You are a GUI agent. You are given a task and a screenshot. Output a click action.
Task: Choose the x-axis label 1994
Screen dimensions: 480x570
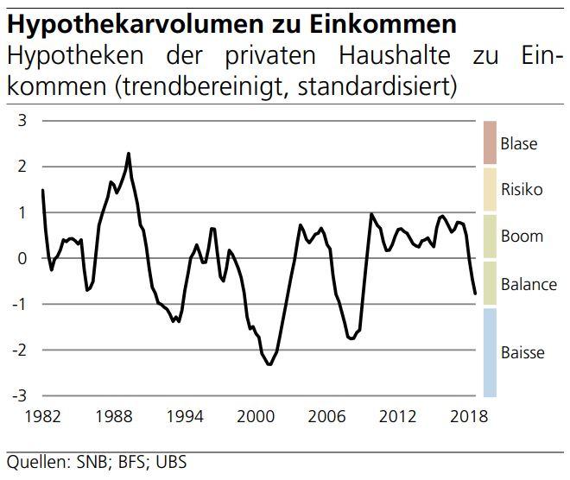[x=184, y=416]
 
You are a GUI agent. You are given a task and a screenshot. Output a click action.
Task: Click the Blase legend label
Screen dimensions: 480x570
[x=518, y=144]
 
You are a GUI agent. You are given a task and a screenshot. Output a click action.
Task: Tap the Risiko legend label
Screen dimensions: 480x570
[x=522, y=190]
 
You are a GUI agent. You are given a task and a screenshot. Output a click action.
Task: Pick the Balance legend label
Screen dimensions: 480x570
[x=529, y=284]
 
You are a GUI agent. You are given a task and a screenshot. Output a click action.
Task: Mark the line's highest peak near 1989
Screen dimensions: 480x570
[x=129, y=154]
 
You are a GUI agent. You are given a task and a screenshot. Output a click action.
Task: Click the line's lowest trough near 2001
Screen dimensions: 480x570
[x=269, y=364]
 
